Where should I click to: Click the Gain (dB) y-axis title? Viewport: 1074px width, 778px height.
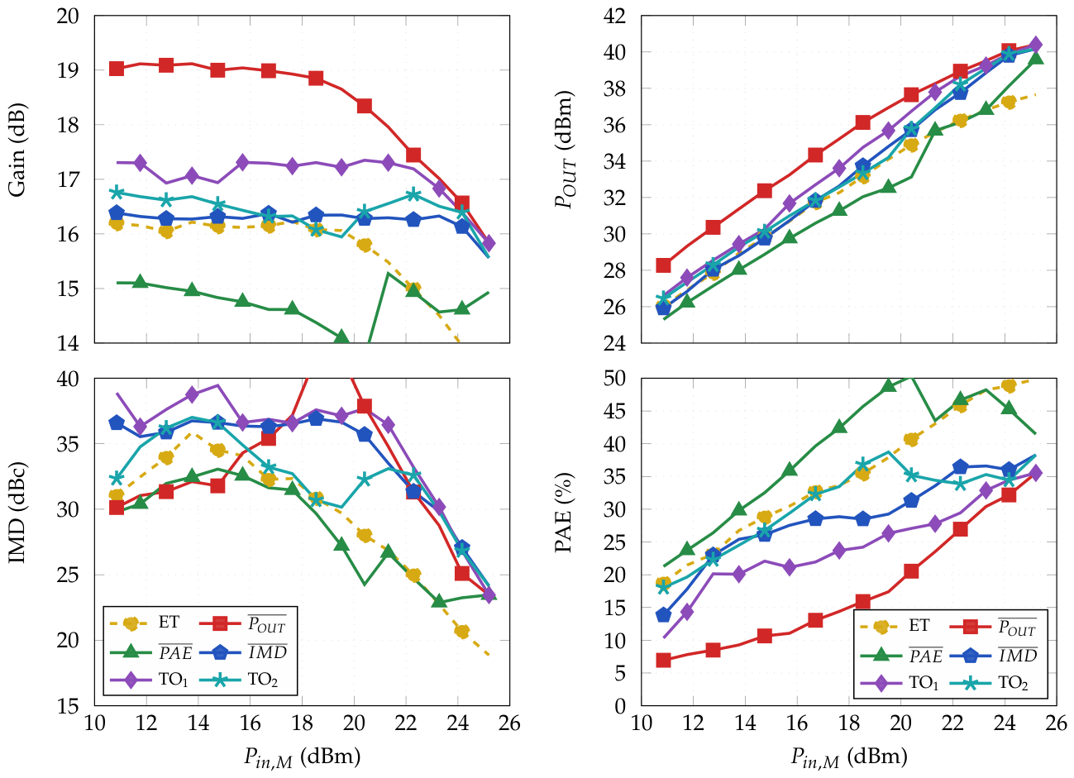(x=17, y=150)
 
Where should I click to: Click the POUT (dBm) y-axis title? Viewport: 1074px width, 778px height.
(x=564, y=150)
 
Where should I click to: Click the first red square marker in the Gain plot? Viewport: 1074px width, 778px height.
(x=117, y=69)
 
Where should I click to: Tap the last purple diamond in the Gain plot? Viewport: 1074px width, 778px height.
(x=488, y=243)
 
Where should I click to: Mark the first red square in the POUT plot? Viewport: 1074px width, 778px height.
(x=663, y=265)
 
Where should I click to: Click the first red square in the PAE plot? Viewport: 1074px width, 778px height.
(x=663, y=660)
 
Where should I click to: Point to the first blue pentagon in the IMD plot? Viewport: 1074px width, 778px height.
(x=117, y=422)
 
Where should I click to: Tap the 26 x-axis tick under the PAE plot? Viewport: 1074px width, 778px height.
(x=1056, y=723)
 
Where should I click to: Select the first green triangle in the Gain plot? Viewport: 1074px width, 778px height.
(x=140, y=283)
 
